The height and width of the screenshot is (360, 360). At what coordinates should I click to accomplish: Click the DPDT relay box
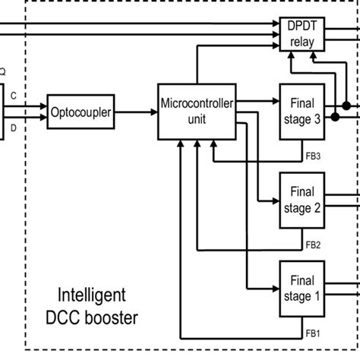295,33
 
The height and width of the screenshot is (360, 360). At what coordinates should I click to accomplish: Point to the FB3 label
313,156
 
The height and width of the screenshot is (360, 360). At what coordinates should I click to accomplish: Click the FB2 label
313,245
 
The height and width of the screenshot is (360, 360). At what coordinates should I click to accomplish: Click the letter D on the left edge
14,129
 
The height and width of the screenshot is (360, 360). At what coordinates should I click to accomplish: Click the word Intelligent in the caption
93,294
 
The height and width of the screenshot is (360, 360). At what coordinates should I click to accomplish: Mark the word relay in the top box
295,41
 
